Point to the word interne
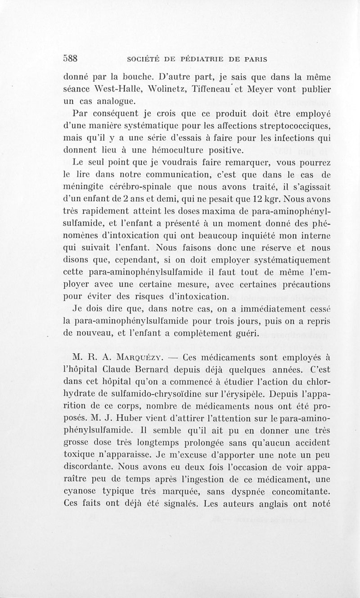pos(315,234)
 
